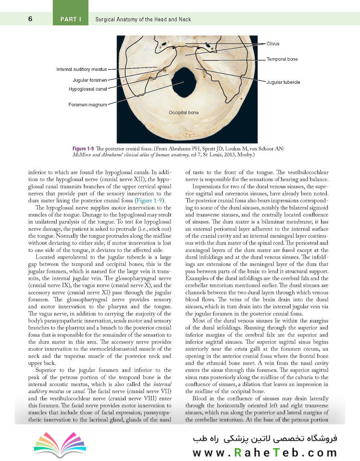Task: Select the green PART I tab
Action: [x=70, y=19]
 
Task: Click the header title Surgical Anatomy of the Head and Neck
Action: [x=143, y=19]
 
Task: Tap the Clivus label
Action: [x=273, y=44]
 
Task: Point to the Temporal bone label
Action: [x=282, y=59]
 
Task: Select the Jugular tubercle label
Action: [x=283, y=82]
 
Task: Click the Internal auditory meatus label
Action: [x=81, y=69]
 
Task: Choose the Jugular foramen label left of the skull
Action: [x=90, y=80]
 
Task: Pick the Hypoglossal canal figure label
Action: [x=87, y=89]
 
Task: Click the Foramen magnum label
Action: [x=88, y=104]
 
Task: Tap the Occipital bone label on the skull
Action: [x=184, y=113]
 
